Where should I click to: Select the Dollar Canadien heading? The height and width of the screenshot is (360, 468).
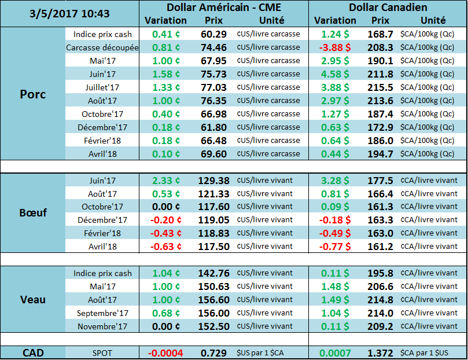[x=388, y=8]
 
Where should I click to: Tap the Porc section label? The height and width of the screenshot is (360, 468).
[x=33, y=94]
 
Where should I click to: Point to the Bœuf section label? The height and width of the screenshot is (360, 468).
[x=33, y=213]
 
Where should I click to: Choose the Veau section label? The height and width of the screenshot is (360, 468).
[x=33, y=299]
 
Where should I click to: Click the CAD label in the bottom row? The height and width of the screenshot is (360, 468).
[x=33, y=352]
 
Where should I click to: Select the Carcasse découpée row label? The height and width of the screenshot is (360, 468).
[x=102, y=47]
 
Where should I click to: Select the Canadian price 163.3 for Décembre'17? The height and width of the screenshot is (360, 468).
[x=380, y=220]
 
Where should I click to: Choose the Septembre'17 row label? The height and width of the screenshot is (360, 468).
[x=102, y=313]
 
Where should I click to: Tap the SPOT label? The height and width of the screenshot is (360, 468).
[x=102, y=352]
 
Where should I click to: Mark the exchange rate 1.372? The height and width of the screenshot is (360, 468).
[x=380, y=352]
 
